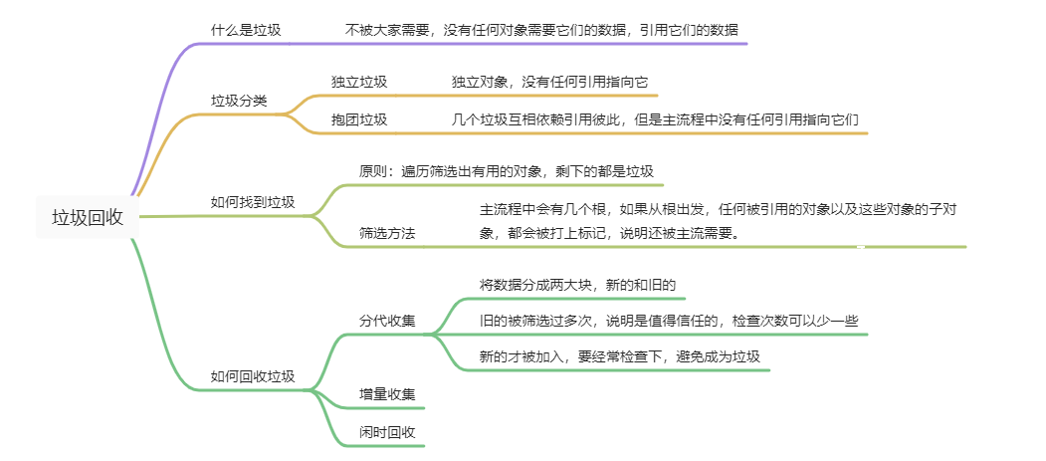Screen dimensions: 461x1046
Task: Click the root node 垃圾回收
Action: point(88,218)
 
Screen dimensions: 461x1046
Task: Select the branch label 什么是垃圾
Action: point(246,30)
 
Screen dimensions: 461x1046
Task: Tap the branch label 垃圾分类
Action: point(239,101)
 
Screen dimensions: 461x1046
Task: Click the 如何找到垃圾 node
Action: point(253,202)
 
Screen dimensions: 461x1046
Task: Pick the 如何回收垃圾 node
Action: point(253,376)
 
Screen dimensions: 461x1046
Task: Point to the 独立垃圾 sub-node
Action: point(359,82)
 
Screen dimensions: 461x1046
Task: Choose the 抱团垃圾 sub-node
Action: point(359,119)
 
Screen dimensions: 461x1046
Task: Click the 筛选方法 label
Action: point(387,233)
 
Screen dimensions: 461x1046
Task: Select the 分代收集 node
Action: point(387,322)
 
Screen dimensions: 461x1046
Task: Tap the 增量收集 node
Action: point(387,394)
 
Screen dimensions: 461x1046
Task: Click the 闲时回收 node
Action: point(387,432)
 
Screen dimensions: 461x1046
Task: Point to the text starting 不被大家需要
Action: point(541,30)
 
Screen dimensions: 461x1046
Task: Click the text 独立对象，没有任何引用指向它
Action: point(550,82)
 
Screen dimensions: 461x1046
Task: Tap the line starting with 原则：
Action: point(507,171)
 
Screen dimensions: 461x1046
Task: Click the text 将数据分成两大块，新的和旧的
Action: point(578,285)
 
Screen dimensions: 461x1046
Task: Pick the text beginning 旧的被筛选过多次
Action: point(669,322)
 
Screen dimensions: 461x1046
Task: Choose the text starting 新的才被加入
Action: point(620,356)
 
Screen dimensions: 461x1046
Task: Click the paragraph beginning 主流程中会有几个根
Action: point(718,209)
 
